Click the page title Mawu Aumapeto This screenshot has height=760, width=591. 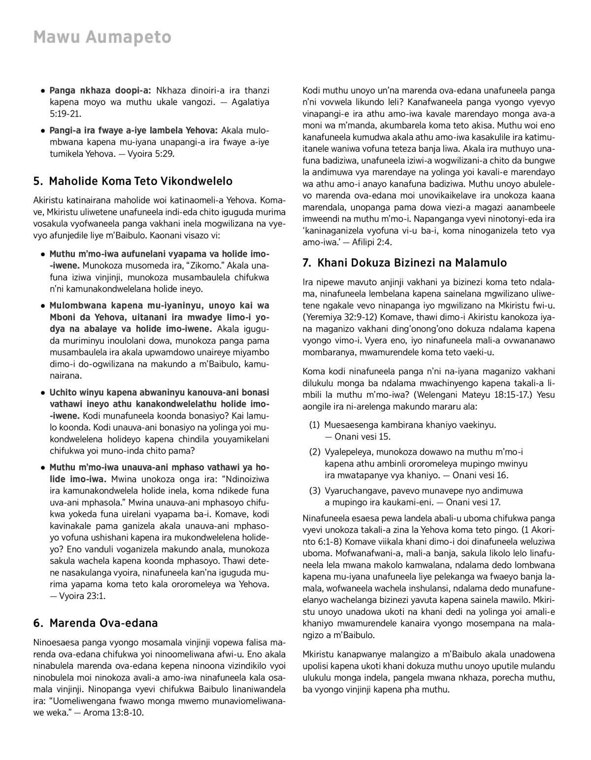pyautogui.click(x=102, y=37)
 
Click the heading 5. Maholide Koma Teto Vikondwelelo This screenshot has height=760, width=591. pyautogui.click(x=132, y=181)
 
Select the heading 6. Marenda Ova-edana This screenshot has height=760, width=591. pyautogui.click(x=96, y=623)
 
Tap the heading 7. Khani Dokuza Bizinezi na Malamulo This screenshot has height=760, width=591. pyautogui.click(x=404, y=263)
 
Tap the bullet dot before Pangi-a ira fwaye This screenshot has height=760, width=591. pyautogui.click(x=43, y=131)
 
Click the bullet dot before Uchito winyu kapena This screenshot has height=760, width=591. pyautogui.click(x=43, y=393)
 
